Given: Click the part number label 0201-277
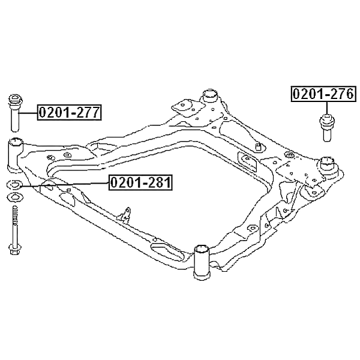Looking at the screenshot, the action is point(69,112).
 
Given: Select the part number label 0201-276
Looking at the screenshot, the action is point(324,94).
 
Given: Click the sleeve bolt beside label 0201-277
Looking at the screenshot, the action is point(15,113).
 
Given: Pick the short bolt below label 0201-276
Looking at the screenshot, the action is point(327,127).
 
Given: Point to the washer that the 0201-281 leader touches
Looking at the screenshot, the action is point(14,185).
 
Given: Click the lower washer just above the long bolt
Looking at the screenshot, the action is point(15,197).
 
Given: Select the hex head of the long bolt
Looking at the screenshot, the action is point(15,250).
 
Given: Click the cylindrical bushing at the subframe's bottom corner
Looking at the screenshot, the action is point(202,262).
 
